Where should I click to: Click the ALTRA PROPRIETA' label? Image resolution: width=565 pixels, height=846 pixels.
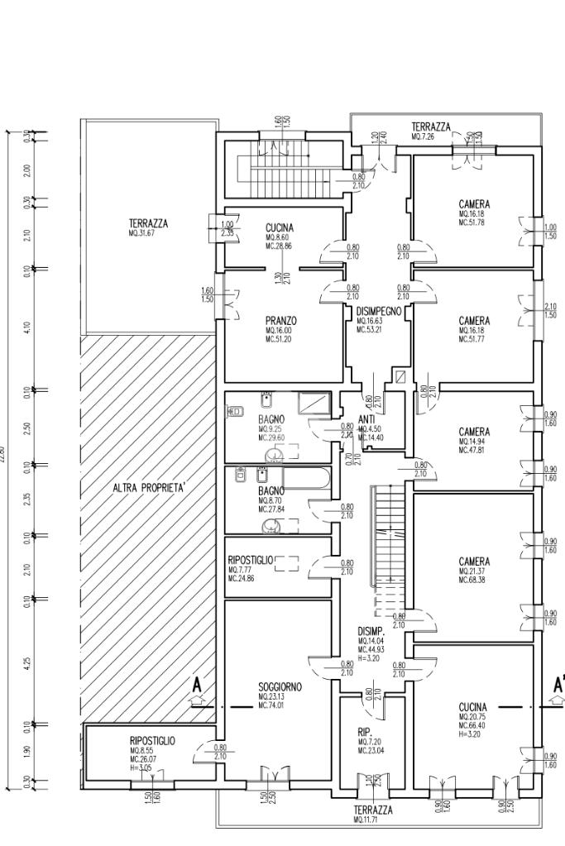point(150,488)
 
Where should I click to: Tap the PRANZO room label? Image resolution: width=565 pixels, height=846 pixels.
point(280,320)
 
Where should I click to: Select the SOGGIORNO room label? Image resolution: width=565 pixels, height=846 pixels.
point(280,687)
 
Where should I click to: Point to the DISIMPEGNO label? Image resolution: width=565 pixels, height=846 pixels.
point(379,311)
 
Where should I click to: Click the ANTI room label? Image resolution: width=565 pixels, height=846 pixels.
point(367,419)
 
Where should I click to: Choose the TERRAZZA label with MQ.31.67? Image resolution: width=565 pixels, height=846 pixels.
point(148,223)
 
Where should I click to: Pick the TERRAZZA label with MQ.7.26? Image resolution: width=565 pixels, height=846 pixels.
point(431,127)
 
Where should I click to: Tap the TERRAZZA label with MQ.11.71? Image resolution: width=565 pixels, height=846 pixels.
point(373,810)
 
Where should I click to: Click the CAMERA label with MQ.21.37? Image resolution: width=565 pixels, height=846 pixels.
point(474,562)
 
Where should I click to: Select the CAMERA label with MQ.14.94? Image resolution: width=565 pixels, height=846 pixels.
point(474,432)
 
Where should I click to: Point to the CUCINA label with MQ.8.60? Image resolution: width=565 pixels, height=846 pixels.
point(280,227)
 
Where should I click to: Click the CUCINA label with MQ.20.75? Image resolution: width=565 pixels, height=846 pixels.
point(473,707)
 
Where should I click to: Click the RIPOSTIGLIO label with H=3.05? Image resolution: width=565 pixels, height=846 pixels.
point(152,741)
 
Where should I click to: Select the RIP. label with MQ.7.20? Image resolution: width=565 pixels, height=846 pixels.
point(365,732)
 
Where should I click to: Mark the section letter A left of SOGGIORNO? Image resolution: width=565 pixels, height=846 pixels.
point(197,686)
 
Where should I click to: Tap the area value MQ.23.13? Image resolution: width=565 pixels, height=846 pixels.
point(271,697)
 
